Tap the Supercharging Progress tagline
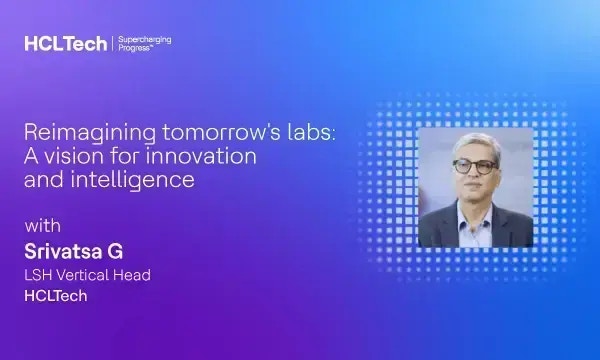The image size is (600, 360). pos(144,44)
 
